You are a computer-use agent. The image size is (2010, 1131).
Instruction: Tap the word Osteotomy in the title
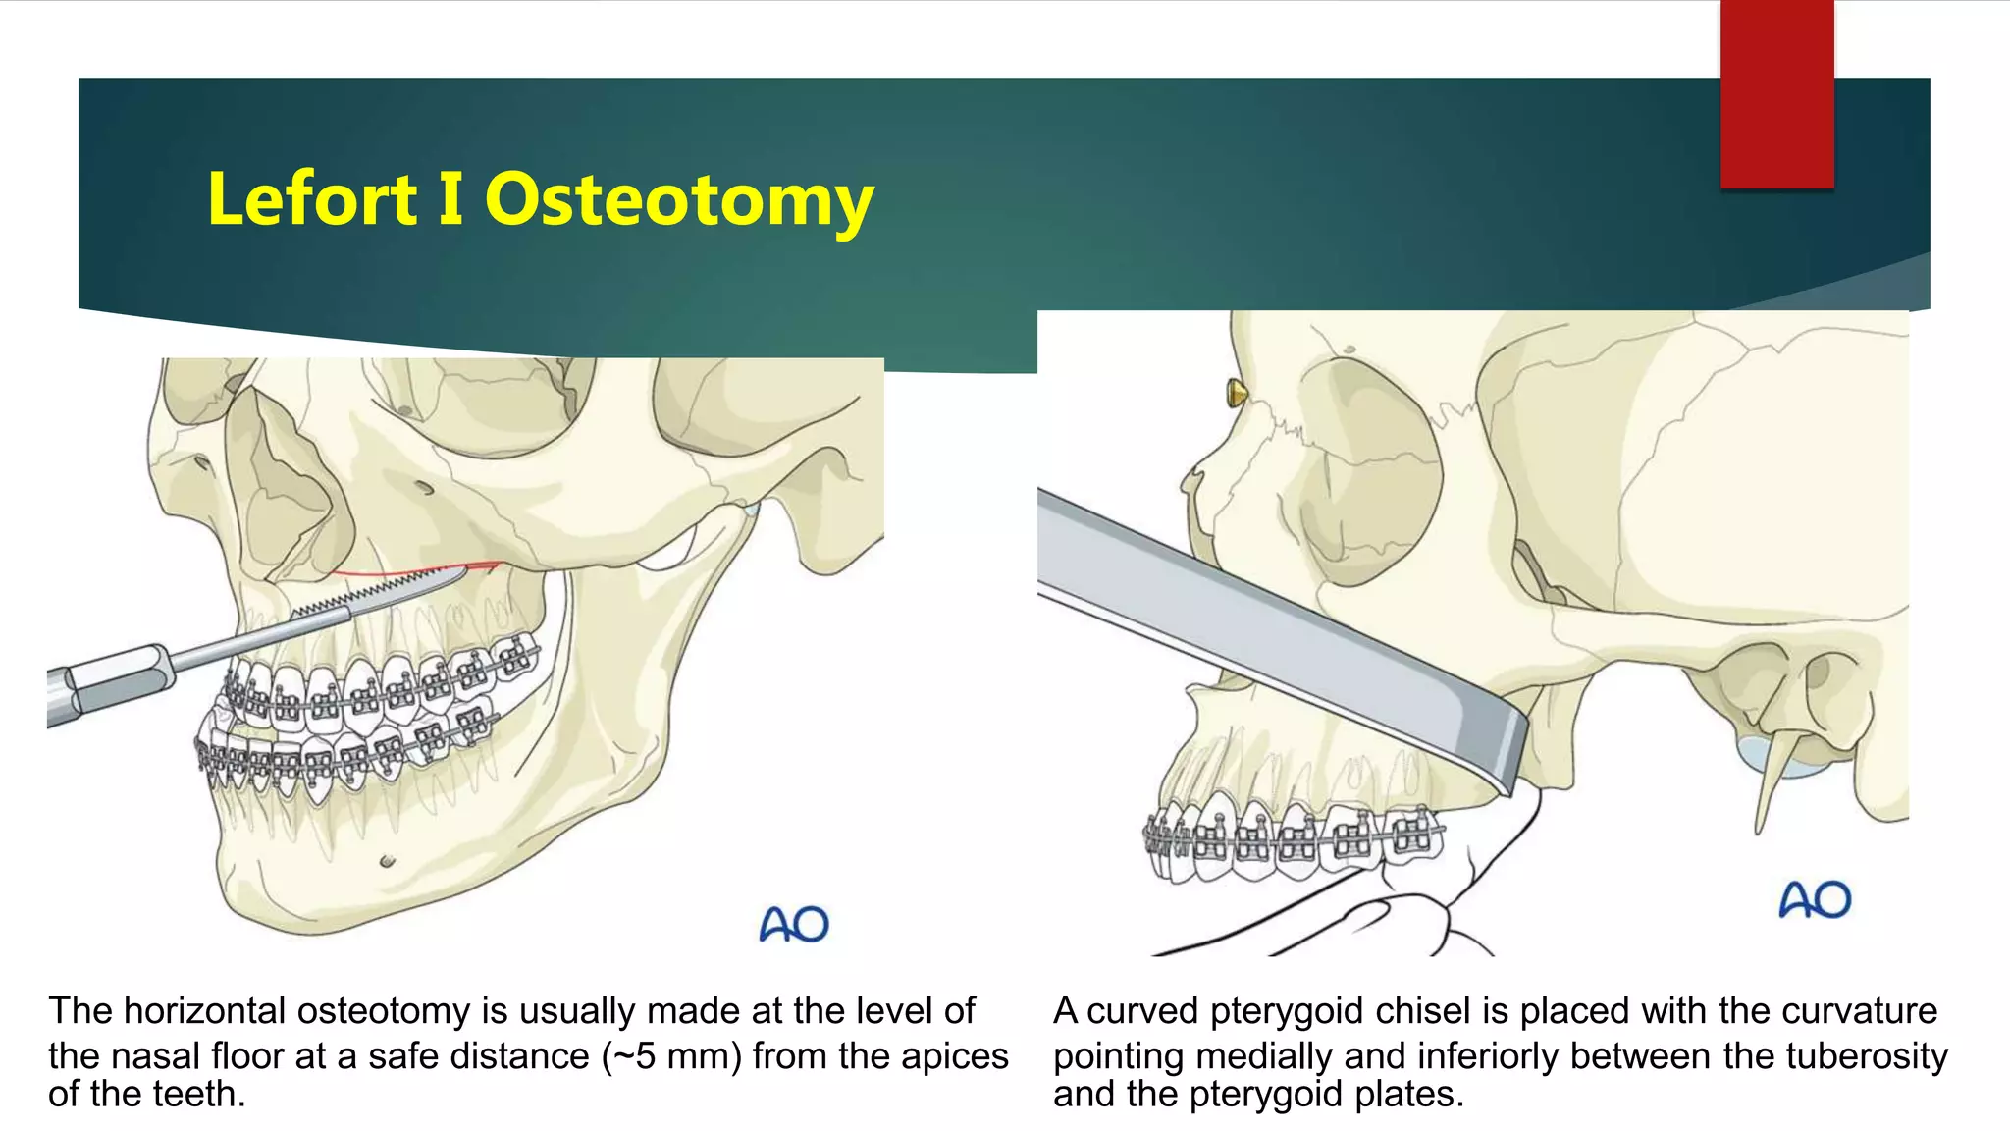(678, 198)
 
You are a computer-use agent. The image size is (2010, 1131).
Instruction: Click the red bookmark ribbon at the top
(1776, 93)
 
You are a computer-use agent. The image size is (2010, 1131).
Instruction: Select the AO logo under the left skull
(794, 924)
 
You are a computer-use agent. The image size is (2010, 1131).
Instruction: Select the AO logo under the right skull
(1815, 899)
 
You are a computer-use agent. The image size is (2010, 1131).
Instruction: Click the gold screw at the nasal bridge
(1236, 394)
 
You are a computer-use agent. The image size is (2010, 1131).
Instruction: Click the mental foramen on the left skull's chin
(387, 862)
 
